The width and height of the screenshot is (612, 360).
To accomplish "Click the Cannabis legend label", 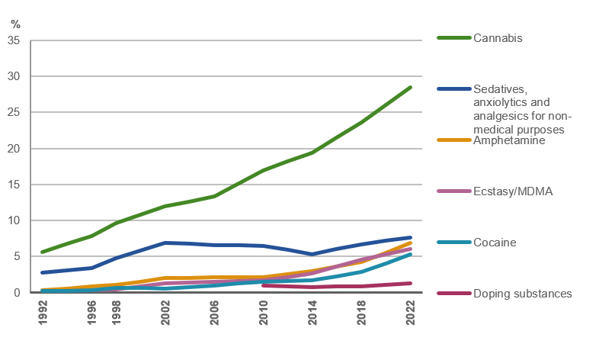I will [497, 38].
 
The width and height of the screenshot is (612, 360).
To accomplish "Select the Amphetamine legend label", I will [508, 140].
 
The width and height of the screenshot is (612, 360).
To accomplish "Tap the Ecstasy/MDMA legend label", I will [512, 191].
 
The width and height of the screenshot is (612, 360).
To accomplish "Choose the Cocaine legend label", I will [495, 243].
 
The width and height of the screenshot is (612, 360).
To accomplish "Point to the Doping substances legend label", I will [522, 294].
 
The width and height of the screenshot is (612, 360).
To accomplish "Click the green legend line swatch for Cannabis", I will [453, 38].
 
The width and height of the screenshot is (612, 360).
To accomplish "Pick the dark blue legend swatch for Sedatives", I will [453, 88].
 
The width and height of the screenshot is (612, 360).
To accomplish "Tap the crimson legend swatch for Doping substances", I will [453, 294].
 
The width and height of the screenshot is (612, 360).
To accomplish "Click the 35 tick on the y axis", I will [13, 40].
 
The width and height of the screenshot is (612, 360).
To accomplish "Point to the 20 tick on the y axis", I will [13, 149].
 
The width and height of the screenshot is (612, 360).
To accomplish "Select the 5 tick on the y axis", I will [16, 257].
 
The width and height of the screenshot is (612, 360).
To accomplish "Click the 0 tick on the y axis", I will [16, 293].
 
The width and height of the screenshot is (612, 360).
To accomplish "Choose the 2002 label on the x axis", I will [165, 312].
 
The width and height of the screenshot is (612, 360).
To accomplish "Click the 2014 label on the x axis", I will [312, 312].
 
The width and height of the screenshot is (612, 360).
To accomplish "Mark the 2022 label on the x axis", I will [411, 312].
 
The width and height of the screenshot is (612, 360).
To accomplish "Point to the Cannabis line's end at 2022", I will [411, 88].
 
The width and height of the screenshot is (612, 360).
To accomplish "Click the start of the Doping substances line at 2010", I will [264, 285].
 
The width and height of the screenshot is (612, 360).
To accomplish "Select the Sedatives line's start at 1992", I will [43, 272].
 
